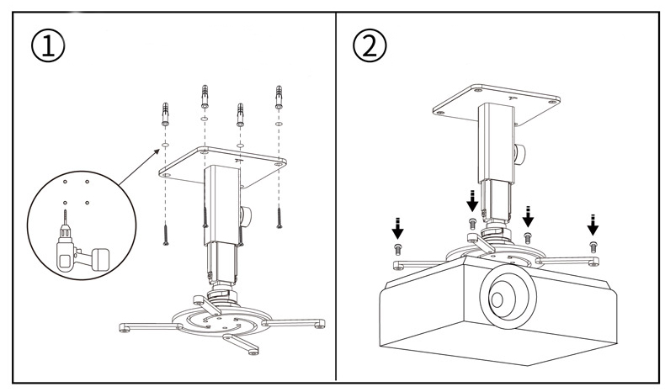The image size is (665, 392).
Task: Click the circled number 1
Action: coord(48,45)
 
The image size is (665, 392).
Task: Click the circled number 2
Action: coord(370,45)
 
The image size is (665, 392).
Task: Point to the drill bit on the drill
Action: coord(65,217)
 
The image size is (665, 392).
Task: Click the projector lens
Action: coord(508,299)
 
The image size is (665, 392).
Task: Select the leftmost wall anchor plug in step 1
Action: coord(165,114)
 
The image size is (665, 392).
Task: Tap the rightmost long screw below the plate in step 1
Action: coord(279,217)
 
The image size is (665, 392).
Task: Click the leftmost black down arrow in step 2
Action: coord(397,228)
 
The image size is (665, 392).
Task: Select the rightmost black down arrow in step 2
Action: coord(593,225)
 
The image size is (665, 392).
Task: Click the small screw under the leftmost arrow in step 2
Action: coord(398,249)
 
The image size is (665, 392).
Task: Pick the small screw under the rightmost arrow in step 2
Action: coord(593,246)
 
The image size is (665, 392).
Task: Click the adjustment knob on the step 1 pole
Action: coord(245,215)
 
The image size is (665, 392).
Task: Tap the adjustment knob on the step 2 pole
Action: coord(519,153)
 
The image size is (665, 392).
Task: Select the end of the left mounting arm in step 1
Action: coord(125,327)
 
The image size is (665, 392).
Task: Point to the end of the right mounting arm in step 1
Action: coord(320,324)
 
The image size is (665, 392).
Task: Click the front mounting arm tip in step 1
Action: coord(253,350)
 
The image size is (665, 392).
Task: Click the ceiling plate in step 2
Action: coord(496,104)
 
